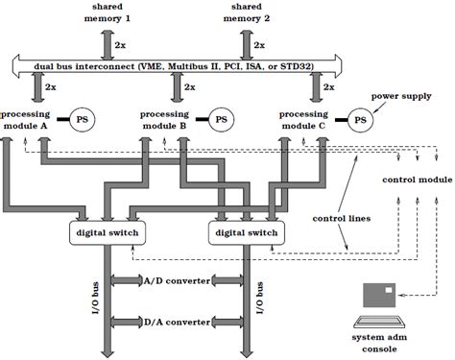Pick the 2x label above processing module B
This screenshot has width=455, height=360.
point(191,86)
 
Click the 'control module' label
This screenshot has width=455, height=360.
point(416,180)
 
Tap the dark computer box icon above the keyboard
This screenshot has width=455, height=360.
point(382,295)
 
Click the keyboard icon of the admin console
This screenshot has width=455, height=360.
point(382,322)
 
